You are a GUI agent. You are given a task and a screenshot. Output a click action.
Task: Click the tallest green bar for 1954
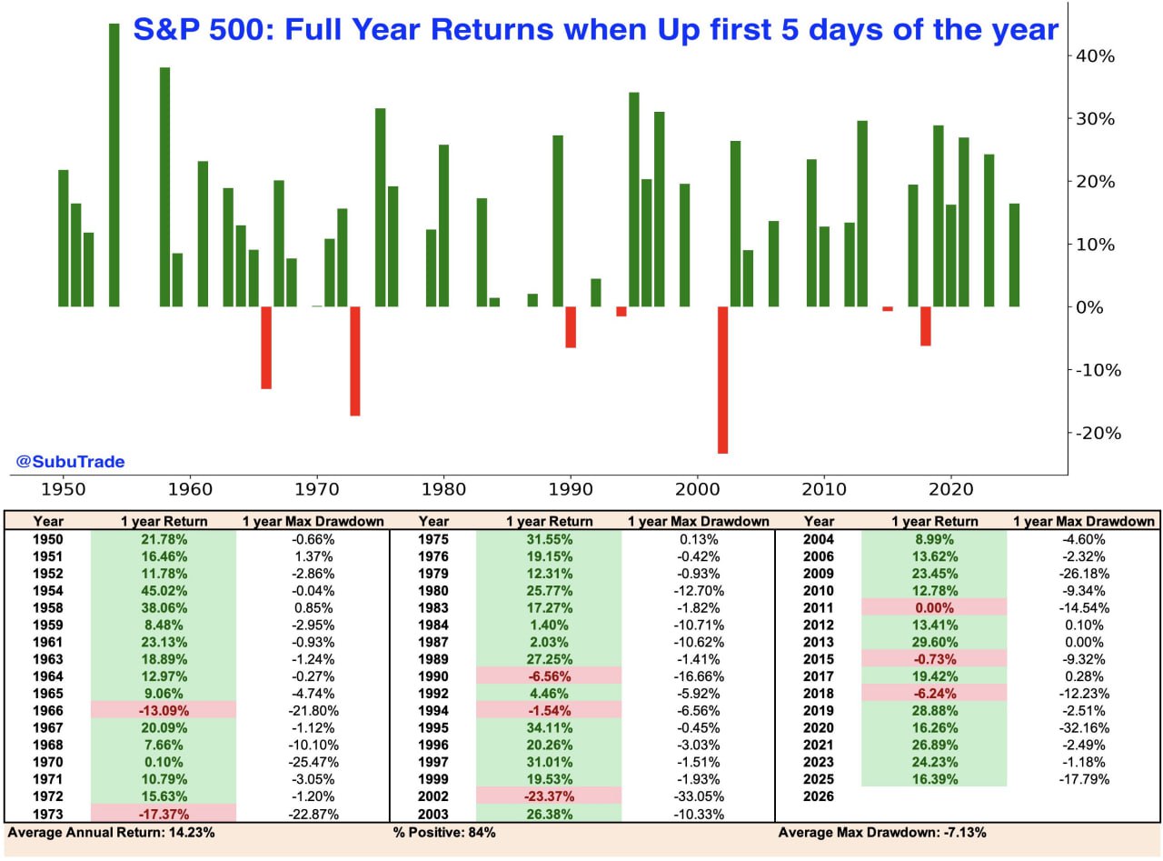(x=114, y=165)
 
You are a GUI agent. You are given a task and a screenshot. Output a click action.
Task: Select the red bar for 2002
(x=722, y=379)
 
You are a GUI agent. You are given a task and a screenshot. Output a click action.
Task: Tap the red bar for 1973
(x=355, y=361)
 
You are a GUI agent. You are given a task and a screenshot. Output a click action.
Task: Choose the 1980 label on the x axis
(x=443, y=488)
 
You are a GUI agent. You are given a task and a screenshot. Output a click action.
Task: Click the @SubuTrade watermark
(x=70, y=462)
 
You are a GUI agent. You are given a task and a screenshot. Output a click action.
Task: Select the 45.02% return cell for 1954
(x=164, y=588)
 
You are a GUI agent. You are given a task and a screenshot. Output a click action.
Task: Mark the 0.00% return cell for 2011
(x=934, y=606)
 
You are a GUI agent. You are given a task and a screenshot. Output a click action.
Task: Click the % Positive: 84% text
(x=444, y=832)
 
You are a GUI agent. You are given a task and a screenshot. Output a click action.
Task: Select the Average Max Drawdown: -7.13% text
(x=882, y=832)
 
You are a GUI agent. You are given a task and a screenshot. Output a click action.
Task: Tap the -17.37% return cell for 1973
(x=164, y=814)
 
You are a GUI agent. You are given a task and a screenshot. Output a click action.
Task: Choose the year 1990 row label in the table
(x=434, y=675)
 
